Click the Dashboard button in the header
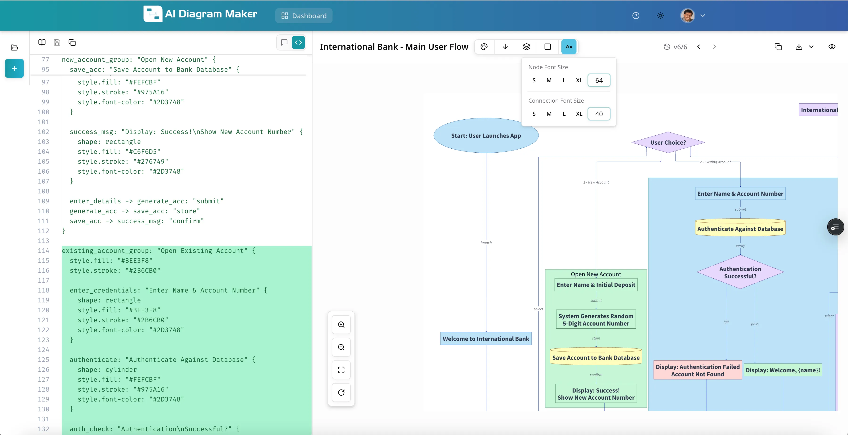(x=304, y=16)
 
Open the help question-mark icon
(x=636, y=16)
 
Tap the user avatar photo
(x=687, y=16)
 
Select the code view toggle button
(x=298, y=42)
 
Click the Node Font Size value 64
(x=599, y=80)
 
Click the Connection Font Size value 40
(x=599, y=114)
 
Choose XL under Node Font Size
(x=579, y=80)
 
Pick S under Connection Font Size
(x=534, y=114)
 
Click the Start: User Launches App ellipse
(x=486, y=135)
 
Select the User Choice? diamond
(x=668, y=142)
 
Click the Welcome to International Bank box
(x=486, y=339)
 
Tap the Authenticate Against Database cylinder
(x=740, y=228)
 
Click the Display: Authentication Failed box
(x=698, y=370)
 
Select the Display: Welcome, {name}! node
(x=782, y=370)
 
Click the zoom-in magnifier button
(x=341, y=325)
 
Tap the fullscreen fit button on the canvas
(x=341, y=370)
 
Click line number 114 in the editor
(x=43, y=251)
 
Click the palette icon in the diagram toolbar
(x=484, y=47)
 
